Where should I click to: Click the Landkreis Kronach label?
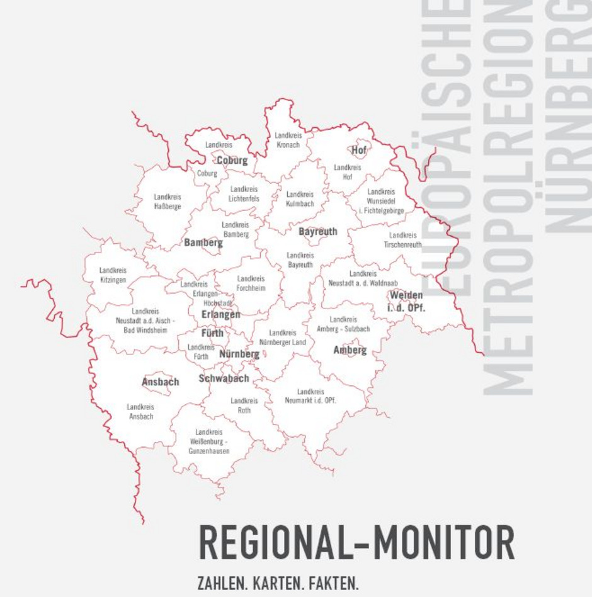288,140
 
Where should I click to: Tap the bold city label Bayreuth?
317,232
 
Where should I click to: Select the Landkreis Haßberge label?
168,202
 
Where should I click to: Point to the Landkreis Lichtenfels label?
244,193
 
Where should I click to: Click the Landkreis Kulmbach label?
300,199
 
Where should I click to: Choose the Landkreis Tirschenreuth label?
402,239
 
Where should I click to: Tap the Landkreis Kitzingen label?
113,275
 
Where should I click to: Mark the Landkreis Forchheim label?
251,283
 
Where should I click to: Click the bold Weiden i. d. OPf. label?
406,301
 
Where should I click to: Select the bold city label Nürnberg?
239,355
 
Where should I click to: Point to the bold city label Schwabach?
224,378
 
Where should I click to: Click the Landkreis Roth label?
244,405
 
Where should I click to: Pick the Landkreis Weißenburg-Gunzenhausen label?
208,441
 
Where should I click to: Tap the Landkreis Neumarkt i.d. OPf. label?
310,395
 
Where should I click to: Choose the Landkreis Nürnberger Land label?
282,337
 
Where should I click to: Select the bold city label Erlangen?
220,314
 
